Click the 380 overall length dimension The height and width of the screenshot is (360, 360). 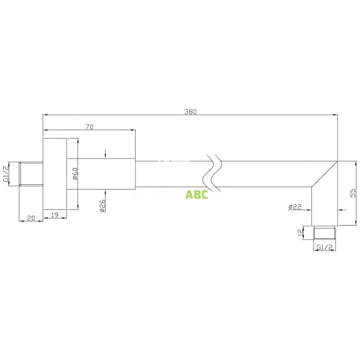[190, 110]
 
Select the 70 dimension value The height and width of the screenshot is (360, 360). [89, 126]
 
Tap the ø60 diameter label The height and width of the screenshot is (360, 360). [75, 174]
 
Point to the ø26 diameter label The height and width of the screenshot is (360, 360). [103, 206]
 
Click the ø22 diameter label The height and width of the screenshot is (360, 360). [295, 207]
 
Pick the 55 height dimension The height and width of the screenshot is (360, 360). [353, 193]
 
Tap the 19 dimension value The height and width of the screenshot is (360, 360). [54, 214]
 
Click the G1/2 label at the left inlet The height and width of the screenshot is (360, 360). [6, 173]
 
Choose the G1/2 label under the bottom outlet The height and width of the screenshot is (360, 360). [324, 247]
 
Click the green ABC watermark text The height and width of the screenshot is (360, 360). [196, 194]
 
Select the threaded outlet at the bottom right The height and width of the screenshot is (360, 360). [325, 233]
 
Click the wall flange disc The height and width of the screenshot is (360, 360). [54, 174]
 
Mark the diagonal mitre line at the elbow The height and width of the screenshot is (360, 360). [324, 175]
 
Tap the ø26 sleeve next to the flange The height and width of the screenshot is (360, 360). [102, 174]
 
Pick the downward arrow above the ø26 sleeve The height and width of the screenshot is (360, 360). [105, 154]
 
